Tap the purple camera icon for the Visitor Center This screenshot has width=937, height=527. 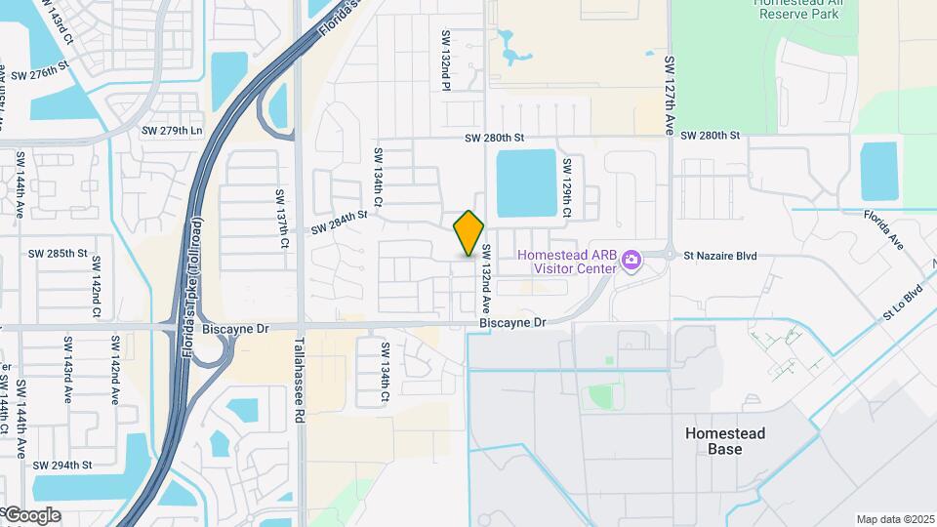tap(631, 260)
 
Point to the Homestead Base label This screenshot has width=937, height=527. tap(724, 441)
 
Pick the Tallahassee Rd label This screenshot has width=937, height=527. tap(300, 379)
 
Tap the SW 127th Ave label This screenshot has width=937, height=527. tap(670, 95)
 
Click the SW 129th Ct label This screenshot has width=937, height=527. tap(565, 184)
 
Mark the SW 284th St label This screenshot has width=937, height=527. tap(340, 223)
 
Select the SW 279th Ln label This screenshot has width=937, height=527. tap(172, 131)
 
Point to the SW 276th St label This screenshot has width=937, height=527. tap(40, 74)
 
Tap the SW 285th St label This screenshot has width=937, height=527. tap(58, 253)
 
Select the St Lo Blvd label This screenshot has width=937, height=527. tap(903, 302)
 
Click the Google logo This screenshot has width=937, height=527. tap(32, 515)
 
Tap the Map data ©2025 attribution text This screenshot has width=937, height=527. tap(894, 519)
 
